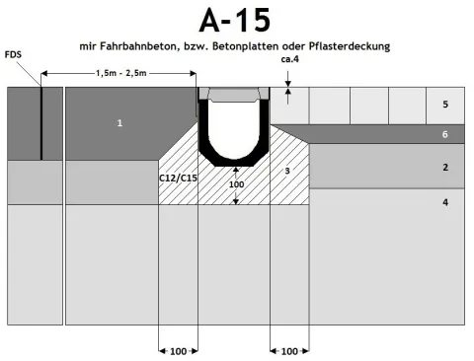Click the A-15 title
click(x=235, y=21)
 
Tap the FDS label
click(x=13, y=54)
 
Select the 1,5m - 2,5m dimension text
click(x=121, y=73)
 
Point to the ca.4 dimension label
click(x=290, y=59)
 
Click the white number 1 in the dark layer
click(x=119, y=123)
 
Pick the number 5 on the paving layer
click(x=445, y=105)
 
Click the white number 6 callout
click(x=445, y=134)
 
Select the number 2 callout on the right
click(x=445, y=168)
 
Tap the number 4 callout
click(x=445, y=202)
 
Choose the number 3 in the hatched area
click(x=287, y=171)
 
